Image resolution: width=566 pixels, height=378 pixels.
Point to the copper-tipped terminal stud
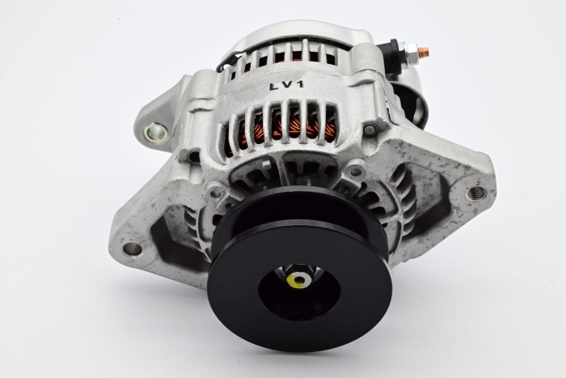click(424, 53)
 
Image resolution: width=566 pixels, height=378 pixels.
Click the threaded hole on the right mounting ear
click(476, 193)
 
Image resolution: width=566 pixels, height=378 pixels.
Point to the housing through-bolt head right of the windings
click(370, 130)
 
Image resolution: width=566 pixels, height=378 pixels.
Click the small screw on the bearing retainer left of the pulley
click(213, 193)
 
